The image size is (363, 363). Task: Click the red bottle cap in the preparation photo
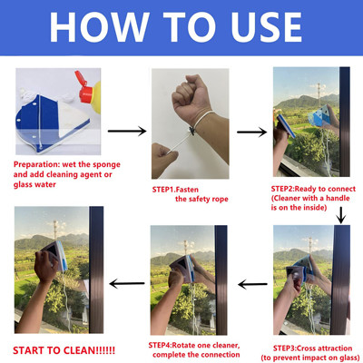tap(84, 91)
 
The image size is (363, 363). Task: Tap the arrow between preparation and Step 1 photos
tap(132, 131)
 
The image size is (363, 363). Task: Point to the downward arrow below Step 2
tap(342, 214)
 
